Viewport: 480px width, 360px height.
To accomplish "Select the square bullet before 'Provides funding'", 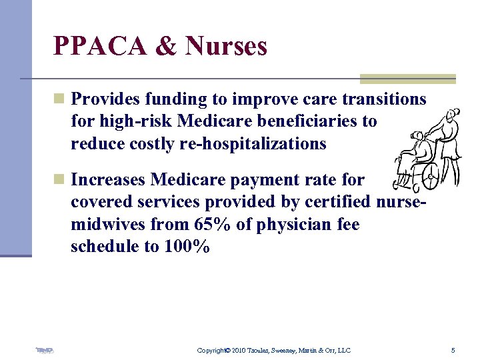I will [59, 99].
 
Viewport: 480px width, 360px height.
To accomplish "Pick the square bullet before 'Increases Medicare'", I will [59, 179].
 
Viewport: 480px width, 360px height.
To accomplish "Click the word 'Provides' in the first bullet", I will [105, 99].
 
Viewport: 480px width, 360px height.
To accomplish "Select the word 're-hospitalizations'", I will [253, 144].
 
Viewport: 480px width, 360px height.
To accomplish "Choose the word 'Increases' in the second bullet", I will [108, 179].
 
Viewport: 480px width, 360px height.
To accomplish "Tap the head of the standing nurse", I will [453, 115].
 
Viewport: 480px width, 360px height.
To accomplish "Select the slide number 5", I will [453, 350].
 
